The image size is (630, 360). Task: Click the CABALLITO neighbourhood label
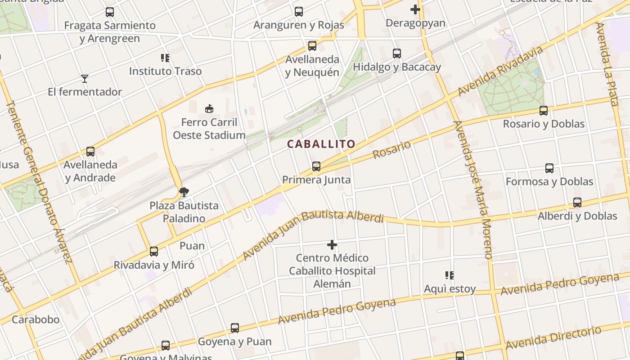click(x=321, y=144)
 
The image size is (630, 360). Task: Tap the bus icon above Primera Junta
click(x=316, y=166)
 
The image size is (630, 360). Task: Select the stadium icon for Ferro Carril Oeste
click(x=209, y=108)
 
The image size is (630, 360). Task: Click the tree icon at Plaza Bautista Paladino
click(x=184, y=192)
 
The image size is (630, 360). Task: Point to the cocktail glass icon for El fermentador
click(x=85, y=79)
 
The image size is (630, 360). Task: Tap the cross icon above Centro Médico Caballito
click(x=332, y=245)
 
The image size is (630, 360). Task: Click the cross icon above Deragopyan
click(x=415, y=9)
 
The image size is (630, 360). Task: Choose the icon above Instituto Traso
click(x=165, y=58)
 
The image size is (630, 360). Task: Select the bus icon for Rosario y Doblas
click(x=544, y=110)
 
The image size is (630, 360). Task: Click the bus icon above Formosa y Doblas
click(x=549, y=168)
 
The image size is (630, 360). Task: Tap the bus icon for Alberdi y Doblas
click(x=577, y=202)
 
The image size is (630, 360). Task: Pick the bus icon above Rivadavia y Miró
click(x=154, y=251)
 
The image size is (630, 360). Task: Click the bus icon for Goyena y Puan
click(x=235, y=328)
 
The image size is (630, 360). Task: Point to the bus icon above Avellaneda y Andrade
click(x=90, y=152)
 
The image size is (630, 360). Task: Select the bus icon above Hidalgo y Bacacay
click(x=397, y=54)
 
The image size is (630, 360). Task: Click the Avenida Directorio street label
click(x=553, y=338)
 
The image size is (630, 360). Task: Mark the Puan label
click(x=192, y=246)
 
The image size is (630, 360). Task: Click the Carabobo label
click(x=36, y=319)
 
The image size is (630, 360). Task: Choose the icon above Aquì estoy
click(x=449, y=275)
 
